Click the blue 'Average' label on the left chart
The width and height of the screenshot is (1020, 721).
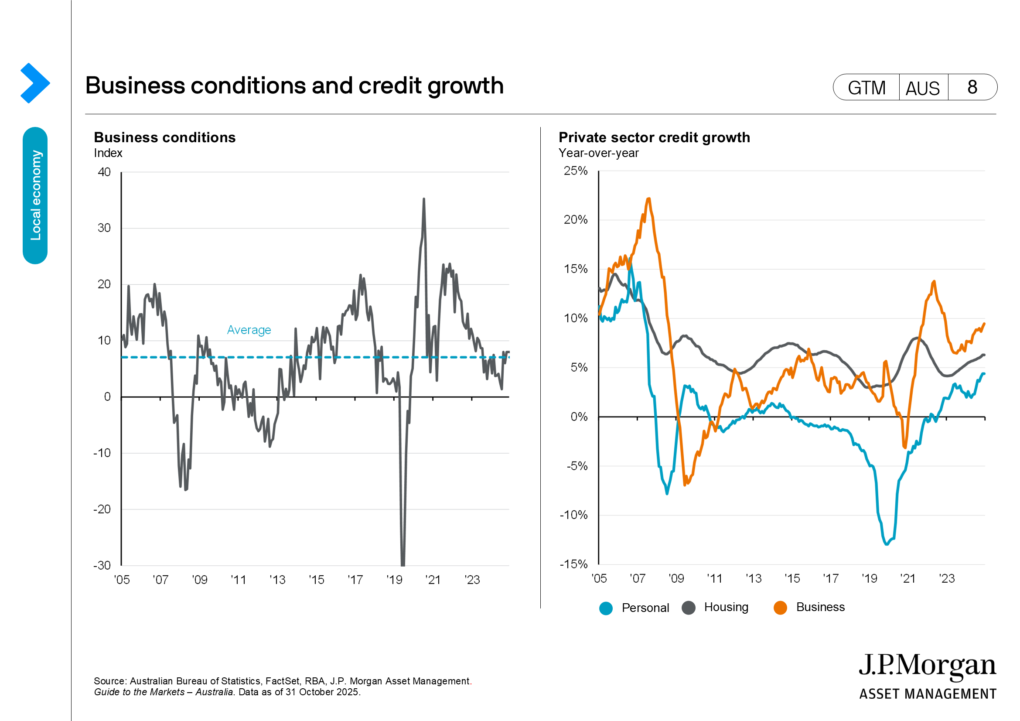pos(249,330)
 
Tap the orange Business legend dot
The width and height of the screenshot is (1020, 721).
pos(780,608)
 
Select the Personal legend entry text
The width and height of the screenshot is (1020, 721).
pos(645,608)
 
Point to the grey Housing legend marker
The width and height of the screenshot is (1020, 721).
pos(689,608)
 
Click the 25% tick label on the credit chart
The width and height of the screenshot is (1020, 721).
pos(575,171)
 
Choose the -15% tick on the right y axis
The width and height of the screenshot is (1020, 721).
pos(573,564)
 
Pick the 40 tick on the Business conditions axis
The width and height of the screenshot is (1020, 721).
pos(104,172)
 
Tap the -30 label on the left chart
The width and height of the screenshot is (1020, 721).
pos(102,566)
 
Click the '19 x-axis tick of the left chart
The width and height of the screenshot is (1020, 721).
pos(394,580)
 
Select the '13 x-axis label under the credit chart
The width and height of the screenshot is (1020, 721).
pos(754,578)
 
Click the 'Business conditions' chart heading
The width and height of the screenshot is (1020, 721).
pos(165,138)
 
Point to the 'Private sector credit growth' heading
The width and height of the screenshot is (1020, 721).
pos(654,138)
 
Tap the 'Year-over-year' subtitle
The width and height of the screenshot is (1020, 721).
pos(598,153)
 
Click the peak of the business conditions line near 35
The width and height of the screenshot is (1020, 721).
pos(424,199)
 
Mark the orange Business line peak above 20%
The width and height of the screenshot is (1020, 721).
pos(649,199)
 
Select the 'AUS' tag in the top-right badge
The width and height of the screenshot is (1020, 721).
pos(923,88)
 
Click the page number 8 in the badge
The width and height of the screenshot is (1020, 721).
pos(972,88)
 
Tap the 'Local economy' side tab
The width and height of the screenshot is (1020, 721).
pos(35,195)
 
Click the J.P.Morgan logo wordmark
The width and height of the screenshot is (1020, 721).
pos(927,666)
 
